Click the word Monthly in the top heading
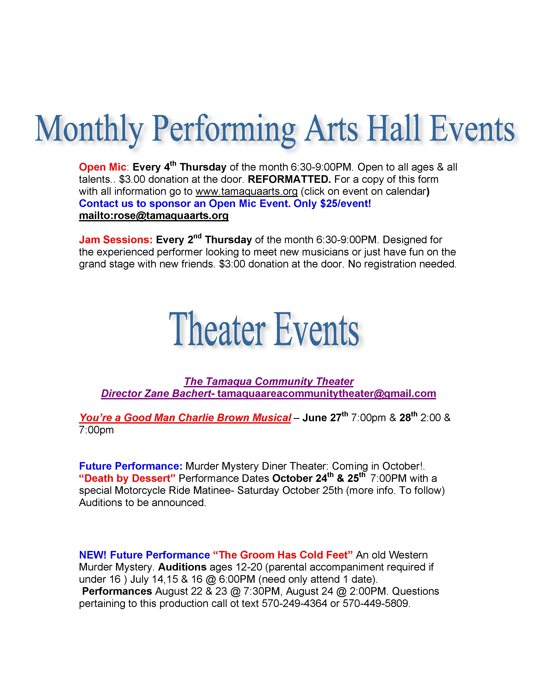point(89,129)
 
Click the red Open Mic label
point(102,167)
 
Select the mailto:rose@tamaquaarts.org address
point(154,215)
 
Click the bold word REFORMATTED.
point(289,179)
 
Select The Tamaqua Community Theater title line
point(268,381)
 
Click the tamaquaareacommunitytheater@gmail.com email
point(326,393)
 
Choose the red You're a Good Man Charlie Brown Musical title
point(185,417)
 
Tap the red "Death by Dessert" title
point(127,478)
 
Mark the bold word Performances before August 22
point(117,591)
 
